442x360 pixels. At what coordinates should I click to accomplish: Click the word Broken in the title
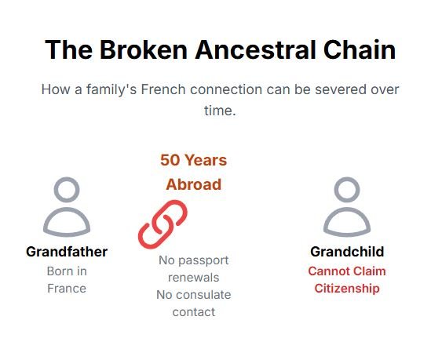pos(144,50)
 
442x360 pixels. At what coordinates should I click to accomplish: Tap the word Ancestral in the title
pos(255,50)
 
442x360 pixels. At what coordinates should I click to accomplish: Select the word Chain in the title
pos(360,50)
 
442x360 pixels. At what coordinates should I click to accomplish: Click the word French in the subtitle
pos(163,89)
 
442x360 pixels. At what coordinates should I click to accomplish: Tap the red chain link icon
pos(163,224)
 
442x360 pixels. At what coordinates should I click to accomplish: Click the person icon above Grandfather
pos(67,207)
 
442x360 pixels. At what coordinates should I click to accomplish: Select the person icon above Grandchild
pos(347,207)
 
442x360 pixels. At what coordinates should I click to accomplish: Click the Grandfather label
pos(67,252)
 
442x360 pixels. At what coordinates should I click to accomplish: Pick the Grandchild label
pos(347,252)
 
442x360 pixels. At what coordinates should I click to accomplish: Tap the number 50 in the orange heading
pos(170,160)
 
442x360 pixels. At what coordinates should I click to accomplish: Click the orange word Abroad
pos(194,185)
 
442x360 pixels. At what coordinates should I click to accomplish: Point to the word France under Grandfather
pos(67,289)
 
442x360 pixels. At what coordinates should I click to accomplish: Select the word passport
pos(203,260)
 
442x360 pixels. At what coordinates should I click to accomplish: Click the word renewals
pos(194,278)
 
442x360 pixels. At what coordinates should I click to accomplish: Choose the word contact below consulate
pos(194,312)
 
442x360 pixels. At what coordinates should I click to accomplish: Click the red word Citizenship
pos(347,289)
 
